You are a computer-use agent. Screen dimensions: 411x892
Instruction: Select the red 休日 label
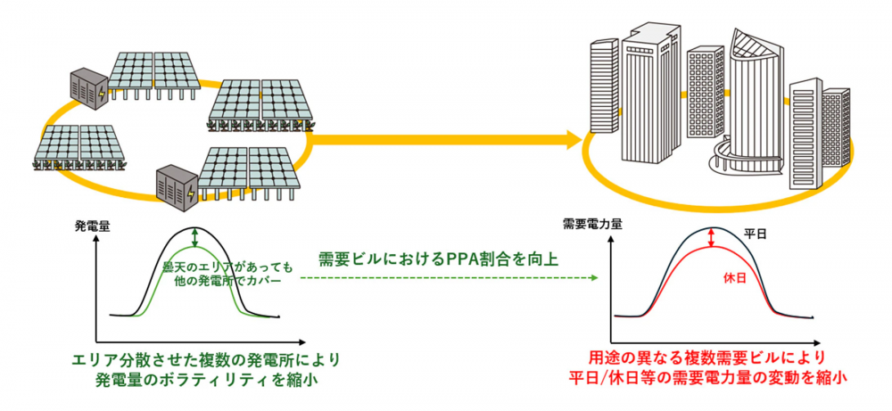[733, 278]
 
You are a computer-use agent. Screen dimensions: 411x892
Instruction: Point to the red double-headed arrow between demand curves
[710, 237]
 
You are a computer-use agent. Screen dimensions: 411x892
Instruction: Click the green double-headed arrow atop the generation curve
[195, 237]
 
